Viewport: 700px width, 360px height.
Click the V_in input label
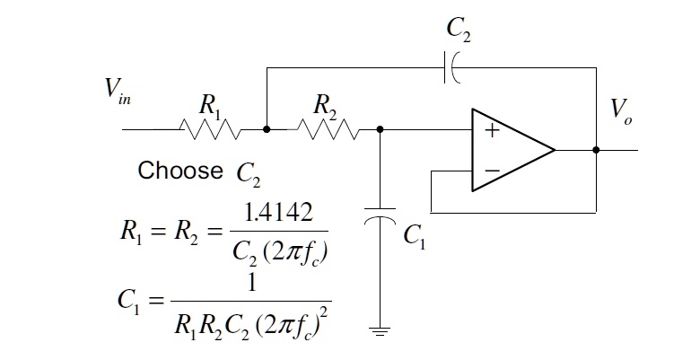pyautogui.click(x=117, y=92)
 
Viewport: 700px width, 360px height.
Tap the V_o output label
pyautogui.click(x=620, y=110)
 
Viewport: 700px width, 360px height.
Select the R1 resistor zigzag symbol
pyautogui.click(x=211, y=131)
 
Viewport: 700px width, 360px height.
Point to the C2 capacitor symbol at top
pyautogui.click(x=451, y=67)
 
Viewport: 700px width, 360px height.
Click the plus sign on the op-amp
pyautogui.click(x=491, y=130)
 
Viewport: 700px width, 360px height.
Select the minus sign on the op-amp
pyautogui.click(x=491, y=170)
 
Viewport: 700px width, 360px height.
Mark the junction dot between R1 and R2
pyautogui.click(x=267, y=130)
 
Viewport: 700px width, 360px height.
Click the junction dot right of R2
pyautogui.click(x=381, y=130)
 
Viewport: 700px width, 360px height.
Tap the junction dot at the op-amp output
pyautogui.click(x=596, y=150)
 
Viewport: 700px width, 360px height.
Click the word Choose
pyautogui.click(x=180, y=170)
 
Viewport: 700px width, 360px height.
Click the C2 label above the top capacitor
pyautogui.click(x=459, y=31)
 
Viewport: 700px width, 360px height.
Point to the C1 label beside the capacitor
pyautogui.click(x=414, y=236)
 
